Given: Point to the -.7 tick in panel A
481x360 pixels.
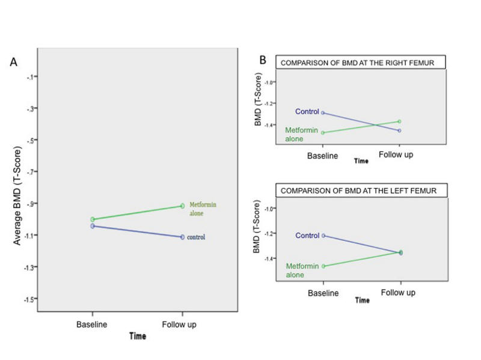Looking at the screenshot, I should pyautogui.click(x=31, y=172).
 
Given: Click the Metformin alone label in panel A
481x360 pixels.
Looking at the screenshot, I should pyautogui.click(x=202, y=209).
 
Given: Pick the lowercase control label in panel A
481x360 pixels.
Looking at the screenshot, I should pyautogui.click(x=195, y=237).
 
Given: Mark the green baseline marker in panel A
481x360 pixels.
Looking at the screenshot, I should pyautogui.click(x=93, y=219).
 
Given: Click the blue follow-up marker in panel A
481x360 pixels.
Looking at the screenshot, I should pyautogui.click(x=182, y=237).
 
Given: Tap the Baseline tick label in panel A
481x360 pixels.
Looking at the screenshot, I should pyautogui.click(x=91, y=325).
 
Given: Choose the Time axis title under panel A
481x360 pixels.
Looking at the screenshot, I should pyautogui.click(x=138, y=337).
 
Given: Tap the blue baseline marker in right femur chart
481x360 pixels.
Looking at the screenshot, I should pyautogui.click(x=323, y=112).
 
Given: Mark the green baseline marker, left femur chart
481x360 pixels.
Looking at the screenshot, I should pyautogui.click(x=323, y=266).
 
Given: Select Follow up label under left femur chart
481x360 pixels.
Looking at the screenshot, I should pyautogui.click(x=398, y=292).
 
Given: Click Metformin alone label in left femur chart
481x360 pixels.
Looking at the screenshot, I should pyautogui.click(x=298, y=270).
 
